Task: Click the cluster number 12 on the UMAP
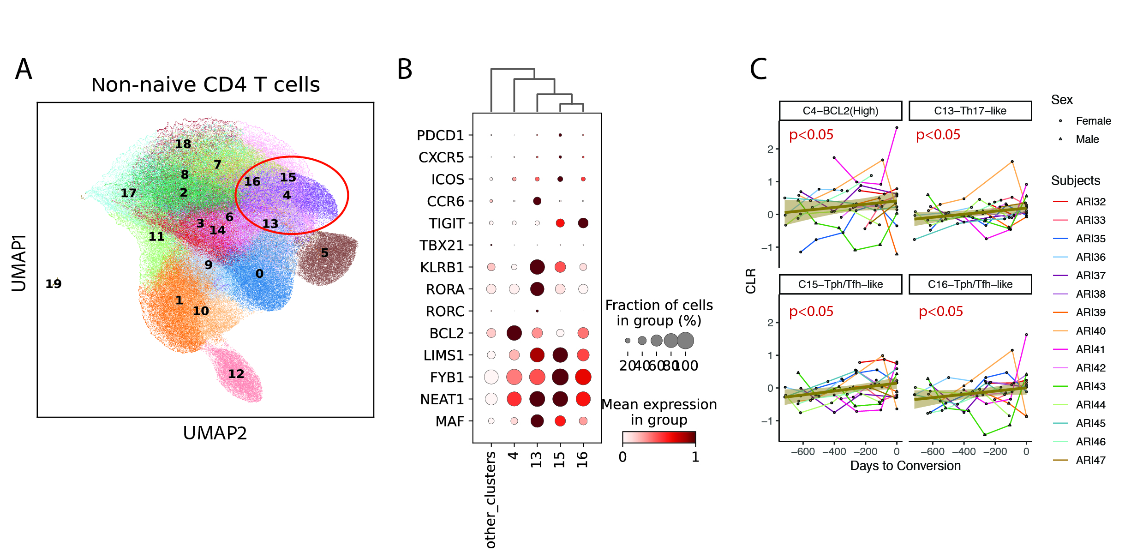236,374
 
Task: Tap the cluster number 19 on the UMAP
54,284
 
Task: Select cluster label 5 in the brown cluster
325,253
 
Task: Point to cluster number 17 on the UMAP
128,193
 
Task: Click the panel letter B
405,70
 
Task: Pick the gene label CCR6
445,202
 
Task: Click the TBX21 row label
442,246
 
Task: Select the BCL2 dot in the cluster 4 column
514,333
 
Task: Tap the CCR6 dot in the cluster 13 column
537,201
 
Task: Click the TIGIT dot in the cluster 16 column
583,223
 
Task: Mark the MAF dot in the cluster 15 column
560,421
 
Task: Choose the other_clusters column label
491,500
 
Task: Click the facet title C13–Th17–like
970,111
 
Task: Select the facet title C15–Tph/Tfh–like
840,284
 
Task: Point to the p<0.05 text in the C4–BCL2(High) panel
811,135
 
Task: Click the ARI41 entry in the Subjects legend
1090,349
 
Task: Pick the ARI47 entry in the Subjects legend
1090,460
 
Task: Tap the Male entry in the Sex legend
1087,139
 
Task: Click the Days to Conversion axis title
905,466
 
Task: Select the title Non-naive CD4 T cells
206,85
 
